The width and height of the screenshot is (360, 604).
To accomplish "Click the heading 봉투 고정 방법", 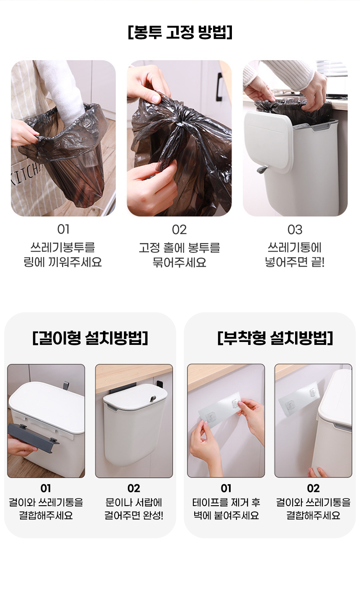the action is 180,33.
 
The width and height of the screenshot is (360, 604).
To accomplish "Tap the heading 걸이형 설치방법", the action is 90,338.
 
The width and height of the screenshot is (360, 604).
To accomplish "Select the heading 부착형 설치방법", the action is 275,338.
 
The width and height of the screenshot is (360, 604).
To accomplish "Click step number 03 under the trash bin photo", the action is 295,230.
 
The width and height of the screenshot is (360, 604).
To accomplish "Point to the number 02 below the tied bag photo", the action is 179,230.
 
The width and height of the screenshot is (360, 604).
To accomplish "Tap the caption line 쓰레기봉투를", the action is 62,247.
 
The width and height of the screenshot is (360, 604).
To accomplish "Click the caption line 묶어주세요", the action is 179,262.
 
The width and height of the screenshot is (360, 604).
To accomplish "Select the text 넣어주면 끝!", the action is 295,262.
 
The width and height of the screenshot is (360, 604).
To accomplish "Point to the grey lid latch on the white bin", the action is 262,170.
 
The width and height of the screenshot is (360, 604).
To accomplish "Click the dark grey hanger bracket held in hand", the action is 33,434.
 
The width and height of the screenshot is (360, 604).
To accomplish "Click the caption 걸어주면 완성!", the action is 134,516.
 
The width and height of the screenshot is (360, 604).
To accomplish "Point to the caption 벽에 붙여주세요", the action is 226,516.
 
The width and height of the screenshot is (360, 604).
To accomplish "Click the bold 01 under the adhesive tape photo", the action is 226,488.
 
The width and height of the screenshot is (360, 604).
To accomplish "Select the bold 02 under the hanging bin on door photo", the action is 134,488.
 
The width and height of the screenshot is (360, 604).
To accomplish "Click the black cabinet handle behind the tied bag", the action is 219,87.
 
